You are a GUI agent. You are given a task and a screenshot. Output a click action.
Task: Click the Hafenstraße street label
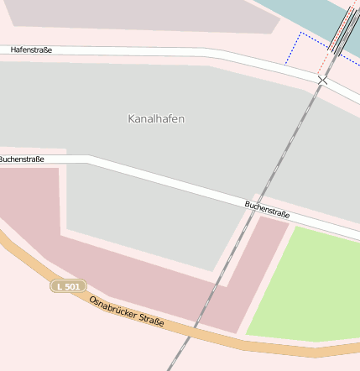[31, 50]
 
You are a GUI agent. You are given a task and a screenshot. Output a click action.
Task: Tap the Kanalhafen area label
[156, 119]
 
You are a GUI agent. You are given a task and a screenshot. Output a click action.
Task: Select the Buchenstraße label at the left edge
[22, 159]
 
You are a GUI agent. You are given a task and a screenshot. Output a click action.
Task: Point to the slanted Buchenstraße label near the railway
[267, 209]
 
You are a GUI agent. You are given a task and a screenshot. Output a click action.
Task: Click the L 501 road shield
[68, 286]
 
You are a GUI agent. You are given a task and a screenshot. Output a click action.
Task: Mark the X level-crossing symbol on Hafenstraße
[322, 80]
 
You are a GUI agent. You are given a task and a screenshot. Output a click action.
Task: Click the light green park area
[306, 285]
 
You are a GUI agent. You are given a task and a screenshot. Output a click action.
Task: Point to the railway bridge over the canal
[343, 29]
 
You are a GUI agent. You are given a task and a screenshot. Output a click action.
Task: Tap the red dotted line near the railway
[323, 59]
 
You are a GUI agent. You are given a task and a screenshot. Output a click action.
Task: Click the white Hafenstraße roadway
[168, 54]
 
